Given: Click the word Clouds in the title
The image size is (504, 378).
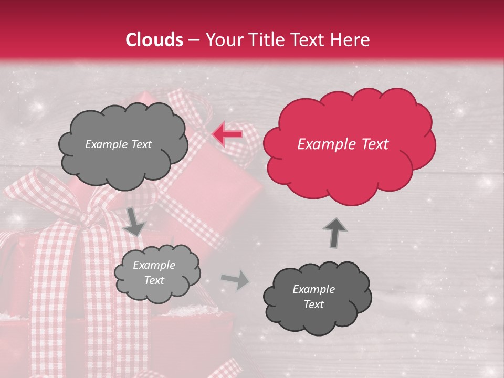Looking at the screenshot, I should [x=154, y=40].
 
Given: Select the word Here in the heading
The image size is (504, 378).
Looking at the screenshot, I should [x=352, y=40].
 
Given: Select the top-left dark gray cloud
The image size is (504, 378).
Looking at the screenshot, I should [x=123, y=144].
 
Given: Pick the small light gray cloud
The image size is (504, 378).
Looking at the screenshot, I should [x=156, y=272].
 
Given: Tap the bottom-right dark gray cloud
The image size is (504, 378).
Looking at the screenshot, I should [x=317, y=297].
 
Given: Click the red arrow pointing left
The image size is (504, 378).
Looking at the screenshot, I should [x=227, y=134].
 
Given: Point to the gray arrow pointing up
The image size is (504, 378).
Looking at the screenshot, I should [x=334, y=232].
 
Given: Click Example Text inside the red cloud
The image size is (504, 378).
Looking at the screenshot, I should [x=343, y=144].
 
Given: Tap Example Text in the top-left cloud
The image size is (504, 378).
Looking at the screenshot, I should [x=118, y=144].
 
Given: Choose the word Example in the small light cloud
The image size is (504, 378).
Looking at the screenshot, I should [x=154, y=265].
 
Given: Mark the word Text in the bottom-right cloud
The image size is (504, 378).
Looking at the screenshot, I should [x=313, y=304].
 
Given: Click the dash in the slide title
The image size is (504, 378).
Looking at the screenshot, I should [x=194, y=40].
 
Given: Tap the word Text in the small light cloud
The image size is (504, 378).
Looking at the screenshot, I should [x=154, y=280].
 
